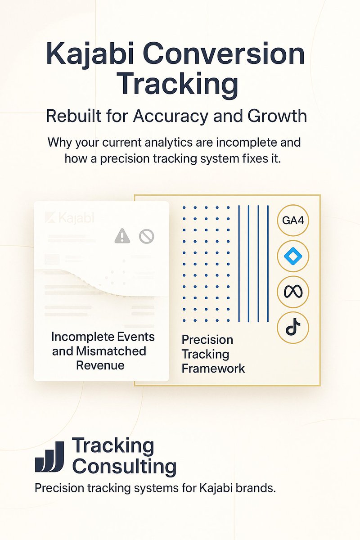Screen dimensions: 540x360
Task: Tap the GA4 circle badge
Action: click(293, 220)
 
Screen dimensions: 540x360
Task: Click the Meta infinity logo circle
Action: click(293, 292)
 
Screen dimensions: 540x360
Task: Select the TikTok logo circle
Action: click(293, 327)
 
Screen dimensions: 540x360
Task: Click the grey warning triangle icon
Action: click(122, 235)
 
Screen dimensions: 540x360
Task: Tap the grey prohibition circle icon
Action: click(147, 235)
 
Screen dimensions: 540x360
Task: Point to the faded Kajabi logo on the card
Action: click(70, 218)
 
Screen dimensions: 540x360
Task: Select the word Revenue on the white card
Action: click(100, 364)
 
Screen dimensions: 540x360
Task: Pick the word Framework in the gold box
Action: click(213, 368)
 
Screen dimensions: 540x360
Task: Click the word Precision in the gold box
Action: click(207, 339)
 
